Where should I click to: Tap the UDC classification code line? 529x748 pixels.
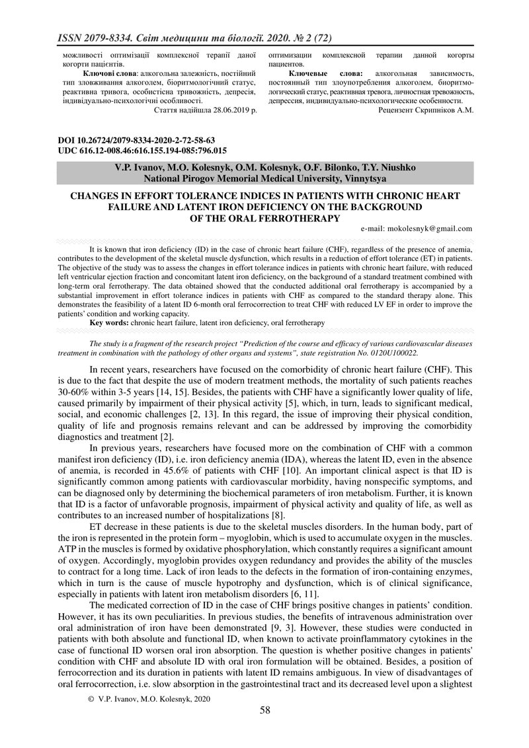[142, 151]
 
